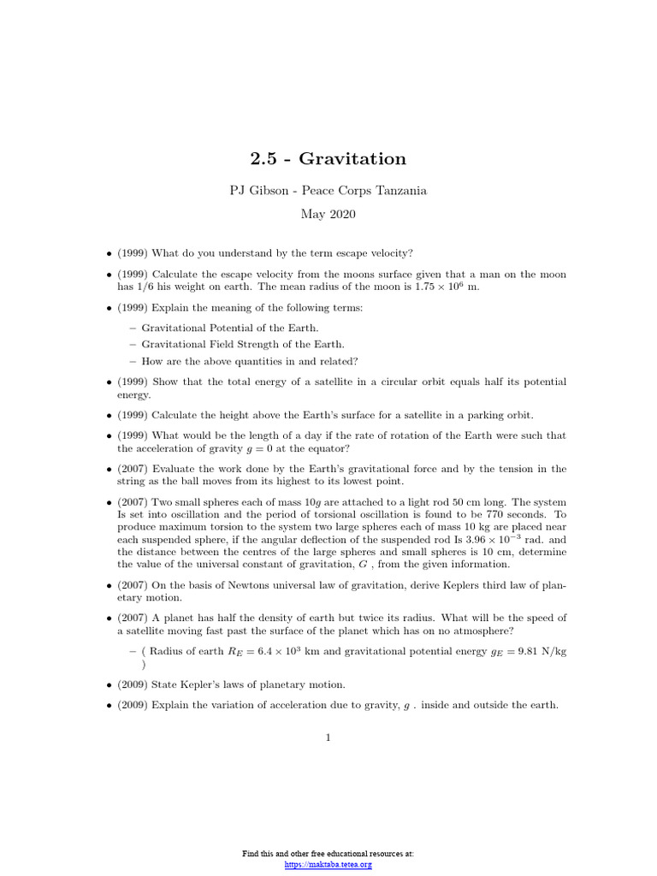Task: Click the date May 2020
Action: [328, 214]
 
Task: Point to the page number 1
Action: [328, 737]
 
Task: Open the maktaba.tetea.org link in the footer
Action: [328, 865]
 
